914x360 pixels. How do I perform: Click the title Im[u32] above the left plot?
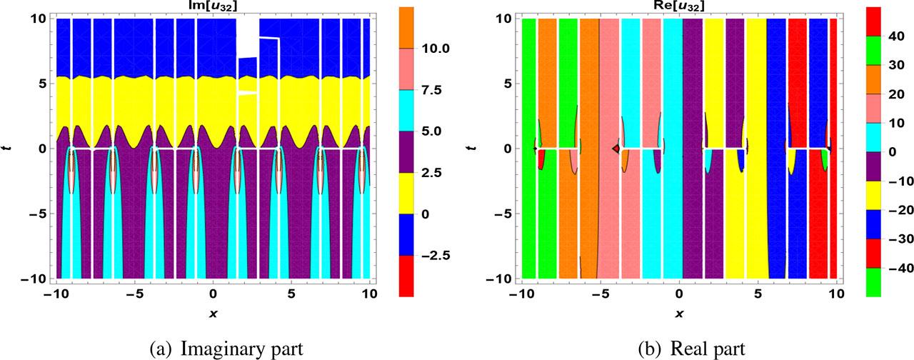click(213, 6)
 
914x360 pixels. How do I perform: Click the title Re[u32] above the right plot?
click(678, 6)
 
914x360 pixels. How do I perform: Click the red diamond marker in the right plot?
click(616, 149)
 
